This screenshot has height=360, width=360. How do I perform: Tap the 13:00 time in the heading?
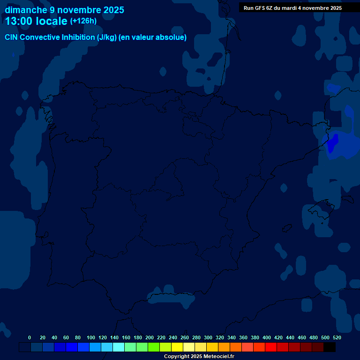19,21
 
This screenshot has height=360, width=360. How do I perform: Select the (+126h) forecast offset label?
83,21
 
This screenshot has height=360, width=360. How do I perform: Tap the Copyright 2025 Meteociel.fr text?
199,356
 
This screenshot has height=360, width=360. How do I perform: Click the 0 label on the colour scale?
30,337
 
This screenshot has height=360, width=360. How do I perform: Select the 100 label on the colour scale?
91,337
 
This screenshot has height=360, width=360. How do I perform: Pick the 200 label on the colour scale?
150,337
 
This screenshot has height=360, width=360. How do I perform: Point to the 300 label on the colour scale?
208,337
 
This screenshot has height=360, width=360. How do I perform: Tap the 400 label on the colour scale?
267,337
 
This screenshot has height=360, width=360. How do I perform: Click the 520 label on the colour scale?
337,337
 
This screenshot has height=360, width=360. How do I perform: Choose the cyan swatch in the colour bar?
119,347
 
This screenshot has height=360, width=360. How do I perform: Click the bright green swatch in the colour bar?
154,347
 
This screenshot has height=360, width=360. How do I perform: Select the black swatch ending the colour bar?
330,347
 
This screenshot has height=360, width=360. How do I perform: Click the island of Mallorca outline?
322,210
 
